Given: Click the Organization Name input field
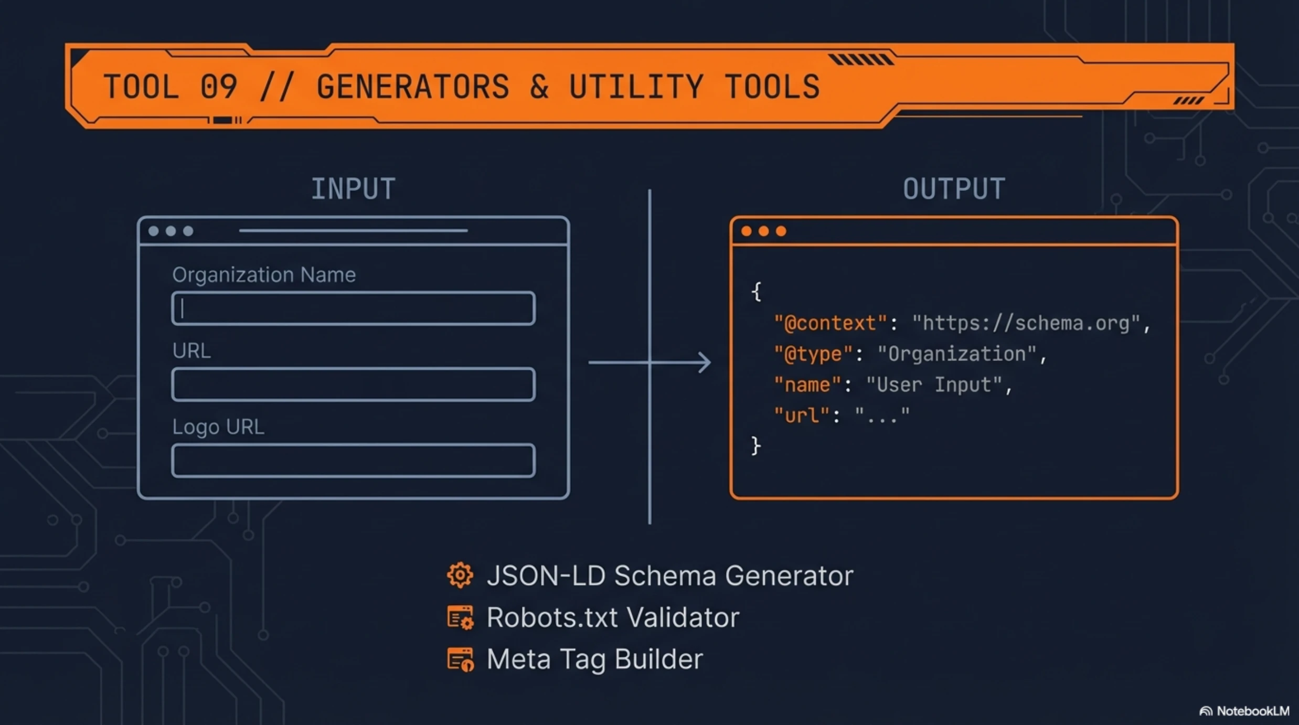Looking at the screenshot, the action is pos(353,308).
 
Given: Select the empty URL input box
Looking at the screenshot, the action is pos(353,384).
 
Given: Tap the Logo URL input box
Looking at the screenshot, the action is pos(353,460).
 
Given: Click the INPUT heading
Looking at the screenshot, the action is pos(353,189).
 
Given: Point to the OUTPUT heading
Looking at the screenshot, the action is pos(954,189).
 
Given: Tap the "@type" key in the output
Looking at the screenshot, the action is pos(813,354).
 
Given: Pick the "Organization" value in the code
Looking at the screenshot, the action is pos(956,354).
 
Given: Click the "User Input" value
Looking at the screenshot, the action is pos(934,385).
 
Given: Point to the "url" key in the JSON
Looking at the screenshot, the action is pos(801,415).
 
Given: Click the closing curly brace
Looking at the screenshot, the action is pos(755,446).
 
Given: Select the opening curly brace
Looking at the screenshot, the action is pos(756,292).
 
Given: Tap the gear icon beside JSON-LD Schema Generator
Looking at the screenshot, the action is pos(460,575).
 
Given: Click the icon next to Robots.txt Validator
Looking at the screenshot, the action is pos(460,617).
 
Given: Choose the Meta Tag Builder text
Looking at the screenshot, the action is pos(594,659).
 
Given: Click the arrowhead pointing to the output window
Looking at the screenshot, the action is pos(705,362).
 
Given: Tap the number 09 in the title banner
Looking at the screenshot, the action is pos(219,87).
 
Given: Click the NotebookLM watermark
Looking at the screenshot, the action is pos(1244,711).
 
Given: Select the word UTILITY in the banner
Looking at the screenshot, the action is pos(636,87).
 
